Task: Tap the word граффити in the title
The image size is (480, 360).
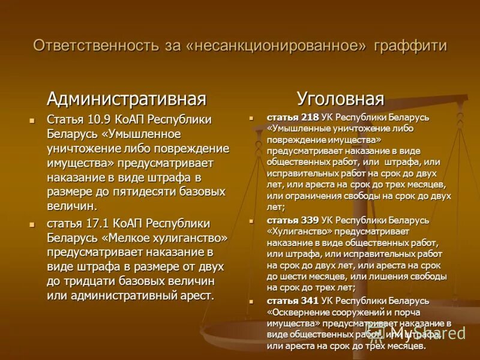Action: (410, 46)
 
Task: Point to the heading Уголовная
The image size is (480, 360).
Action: (340, 98)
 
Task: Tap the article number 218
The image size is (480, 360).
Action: (310, 118)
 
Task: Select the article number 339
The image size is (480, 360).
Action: (310, 220)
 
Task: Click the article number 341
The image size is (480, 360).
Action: (310, 300)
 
